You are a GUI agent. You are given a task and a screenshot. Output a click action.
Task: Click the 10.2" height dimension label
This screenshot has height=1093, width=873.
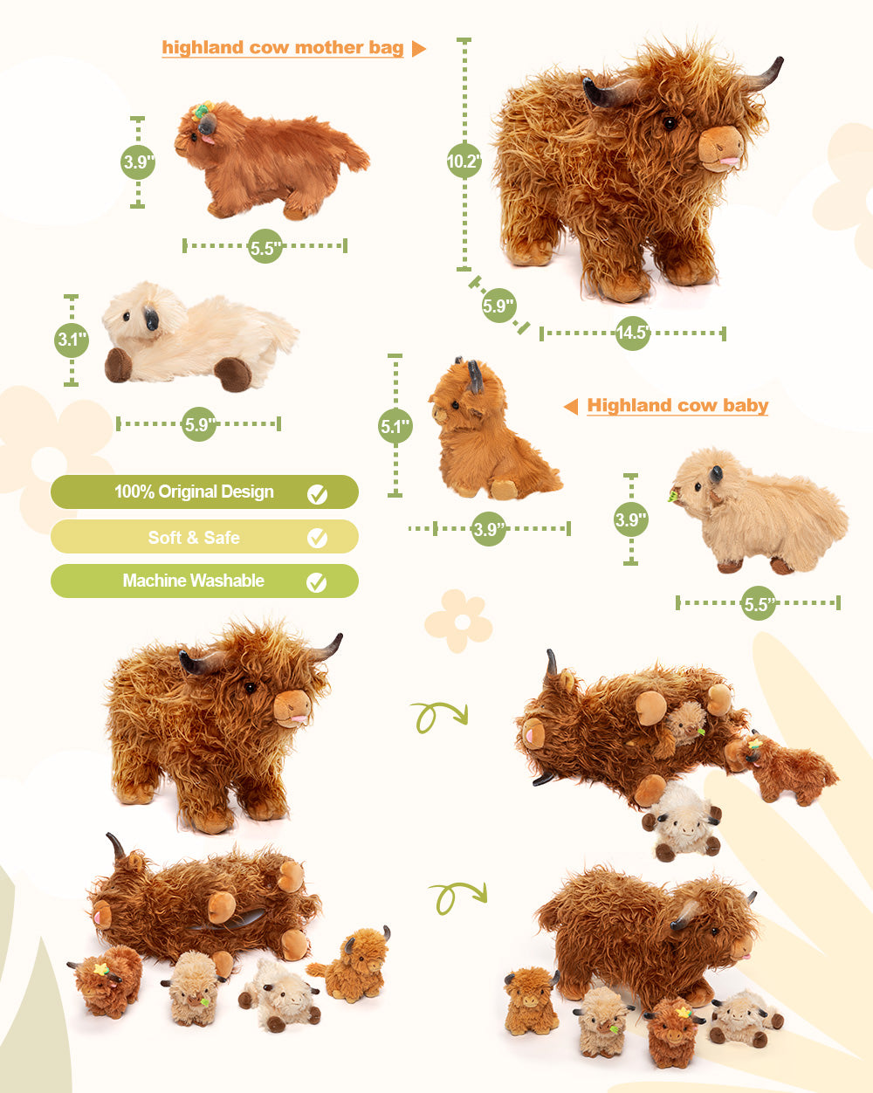(464, 161)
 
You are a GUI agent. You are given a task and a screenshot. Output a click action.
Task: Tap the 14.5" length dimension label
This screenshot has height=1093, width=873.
(632, 333)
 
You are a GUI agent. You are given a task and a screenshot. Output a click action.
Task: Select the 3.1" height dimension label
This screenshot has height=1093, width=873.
(72, 340)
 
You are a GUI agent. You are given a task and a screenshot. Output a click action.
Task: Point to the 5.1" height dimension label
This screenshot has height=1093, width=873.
(395, 426)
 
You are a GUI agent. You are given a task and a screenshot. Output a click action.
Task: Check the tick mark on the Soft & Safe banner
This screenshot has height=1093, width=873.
(318, 538)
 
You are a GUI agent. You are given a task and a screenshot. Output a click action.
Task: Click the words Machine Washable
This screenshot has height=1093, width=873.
(194, 581)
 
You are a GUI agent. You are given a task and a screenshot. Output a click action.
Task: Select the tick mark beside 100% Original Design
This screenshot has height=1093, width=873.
(318, 493)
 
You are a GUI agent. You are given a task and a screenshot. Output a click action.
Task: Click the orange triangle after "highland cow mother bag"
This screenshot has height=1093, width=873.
(418, 49)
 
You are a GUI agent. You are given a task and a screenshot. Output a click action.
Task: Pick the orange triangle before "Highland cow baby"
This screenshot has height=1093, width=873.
(571, 406)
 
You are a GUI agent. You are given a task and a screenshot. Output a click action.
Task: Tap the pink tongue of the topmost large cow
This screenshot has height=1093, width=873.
(730, 162)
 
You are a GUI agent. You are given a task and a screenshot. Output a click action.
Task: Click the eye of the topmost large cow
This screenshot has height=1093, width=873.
(670, 123)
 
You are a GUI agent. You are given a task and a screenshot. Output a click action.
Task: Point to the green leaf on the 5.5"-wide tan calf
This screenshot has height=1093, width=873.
(674, 495)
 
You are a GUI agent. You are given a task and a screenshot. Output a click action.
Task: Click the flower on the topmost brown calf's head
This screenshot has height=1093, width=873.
(203, 110)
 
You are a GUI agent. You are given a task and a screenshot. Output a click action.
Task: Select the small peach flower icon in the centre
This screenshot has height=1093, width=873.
(458, 621)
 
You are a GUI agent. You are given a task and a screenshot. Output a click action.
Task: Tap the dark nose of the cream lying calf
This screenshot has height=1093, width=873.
(151, 319)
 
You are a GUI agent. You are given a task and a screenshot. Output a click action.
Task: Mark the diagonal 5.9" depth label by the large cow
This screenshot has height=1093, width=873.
(498, 306)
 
